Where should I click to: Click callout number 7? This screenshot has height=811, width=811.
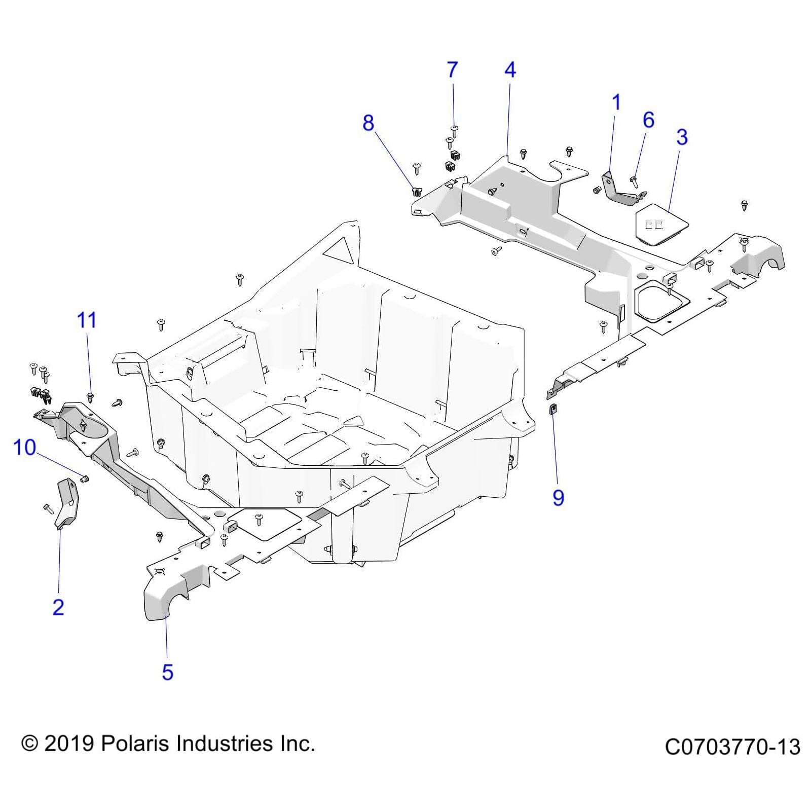point(452,70)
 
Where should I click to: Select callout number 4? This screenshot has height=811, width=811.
point(510,70)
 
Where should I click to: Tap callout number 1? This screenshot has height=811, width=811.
point(616,103)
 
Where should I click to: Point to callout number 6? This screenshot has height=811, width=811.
point(648,120)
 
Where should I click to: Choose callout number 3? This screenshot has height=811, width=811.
point(682,137)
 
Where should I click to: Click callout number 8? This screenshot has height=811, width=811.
point(368,123)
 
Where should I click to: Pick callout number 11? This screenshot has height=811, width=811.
point(86,320)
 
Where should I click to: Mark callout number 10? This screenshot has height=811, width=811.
point(24,448)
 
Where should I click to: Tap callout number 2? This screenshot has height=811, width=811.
point(58,607)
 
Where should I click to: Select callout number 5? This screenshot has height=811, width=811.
point(167,673)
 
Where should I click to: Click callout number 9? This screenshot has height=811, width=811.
point(558,498)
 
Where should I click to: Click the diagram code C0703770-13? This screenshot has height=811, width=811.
point(732,747)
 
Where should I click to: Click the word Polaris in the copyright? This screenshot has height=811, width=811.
point(136,744)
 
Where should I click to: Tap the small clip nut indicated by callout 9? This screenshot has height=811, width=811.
point(552,409)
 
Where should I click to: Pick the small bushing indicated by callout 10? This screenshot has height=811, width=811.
point(85,478)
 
